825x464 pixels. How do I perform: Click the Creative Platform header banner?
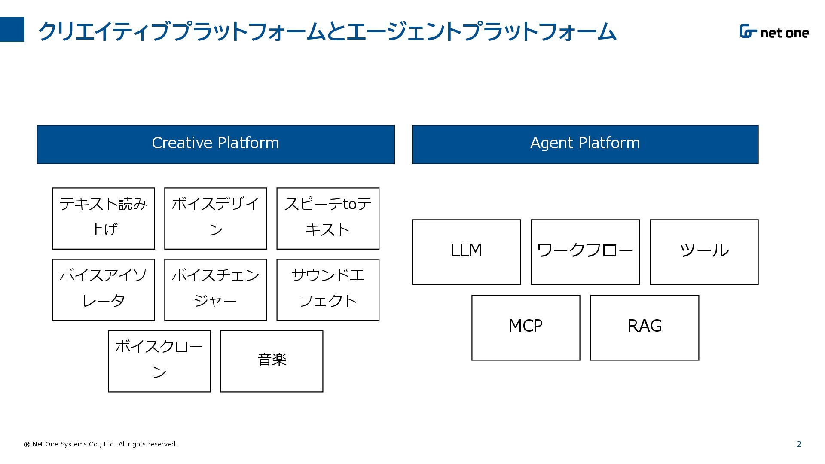pos(216,144)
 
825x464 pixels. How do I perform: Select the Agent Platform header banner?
pos(585,144)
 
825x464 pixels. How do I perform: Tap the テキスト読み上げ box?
pos(104,218)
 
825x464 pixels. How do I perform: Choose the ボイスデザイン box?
pos(216,218)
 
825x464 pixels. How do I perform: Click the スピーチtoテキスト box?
pos(328,218)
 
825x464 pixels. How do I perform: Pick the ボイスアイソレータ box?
pos(104,290)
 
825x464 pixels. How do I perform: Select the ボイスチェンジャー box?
pos(216,290)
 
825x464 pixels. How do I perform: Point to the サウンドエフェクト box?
pos(328,290)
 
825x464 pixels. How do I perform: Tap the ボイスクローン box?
pos(159,361)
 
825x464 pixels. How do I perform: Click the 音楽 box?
pos(272,361)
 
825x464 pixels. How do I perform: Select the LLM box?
pos(466,252)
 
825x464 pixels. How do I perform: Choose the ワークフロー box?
pos(585,252)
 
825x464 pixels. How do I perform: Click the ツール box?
pos(704,252)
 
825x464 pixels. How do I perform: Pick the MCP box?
pos(526,328)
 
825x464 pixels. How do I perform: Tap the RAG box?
pos(645,328)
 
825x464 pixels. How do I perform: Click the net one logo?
pos(774,32)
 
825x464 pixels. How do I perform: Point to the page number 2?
pos(799,444)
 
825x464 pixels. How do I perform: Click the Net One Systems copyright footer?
pos(101,444)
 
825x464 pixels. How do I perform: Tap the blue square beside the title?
pos(12,30)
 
